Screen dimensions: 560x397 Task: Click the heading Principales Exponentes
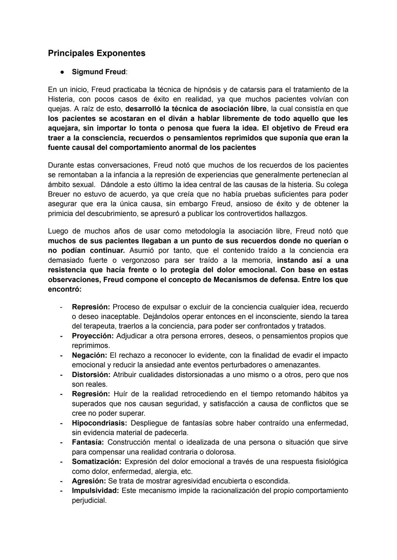96,53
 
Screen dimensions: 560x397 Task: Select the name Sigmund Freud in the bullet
99,72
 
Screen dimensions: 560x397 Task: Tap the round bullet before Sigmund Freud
62,72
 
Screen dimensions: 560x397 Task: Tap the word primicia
61,213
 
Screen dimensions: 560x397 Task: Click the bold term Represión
91,307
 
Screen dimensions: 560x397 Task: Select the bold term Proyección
93,336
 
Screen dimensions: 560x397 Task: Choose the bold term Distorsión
91,375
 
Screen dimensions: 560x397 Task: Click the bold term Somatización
96,462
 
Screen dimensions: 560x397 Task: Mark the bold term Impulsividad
95,491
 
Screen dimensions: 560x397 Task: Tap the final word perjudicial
89,501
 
